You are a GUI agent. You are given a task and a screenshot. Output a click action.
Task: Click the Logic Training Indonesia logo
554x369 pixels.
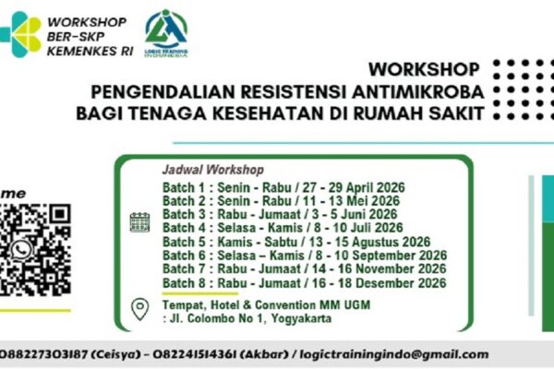click(167, 32)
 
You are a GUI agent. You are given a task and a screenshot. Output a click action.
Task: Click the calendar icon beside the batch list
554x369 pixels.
click(139, 221)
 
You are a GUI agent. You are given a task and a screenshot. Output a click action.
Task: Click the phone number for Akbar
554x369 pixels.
click(227, 353)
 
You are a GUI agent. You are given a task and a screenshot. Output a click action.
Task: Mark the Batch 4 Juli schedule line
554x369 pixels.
click(282, 228)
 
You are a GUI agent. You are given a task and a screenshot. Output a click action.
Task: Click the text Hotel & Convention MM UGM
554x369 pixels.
click(268, 305)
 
